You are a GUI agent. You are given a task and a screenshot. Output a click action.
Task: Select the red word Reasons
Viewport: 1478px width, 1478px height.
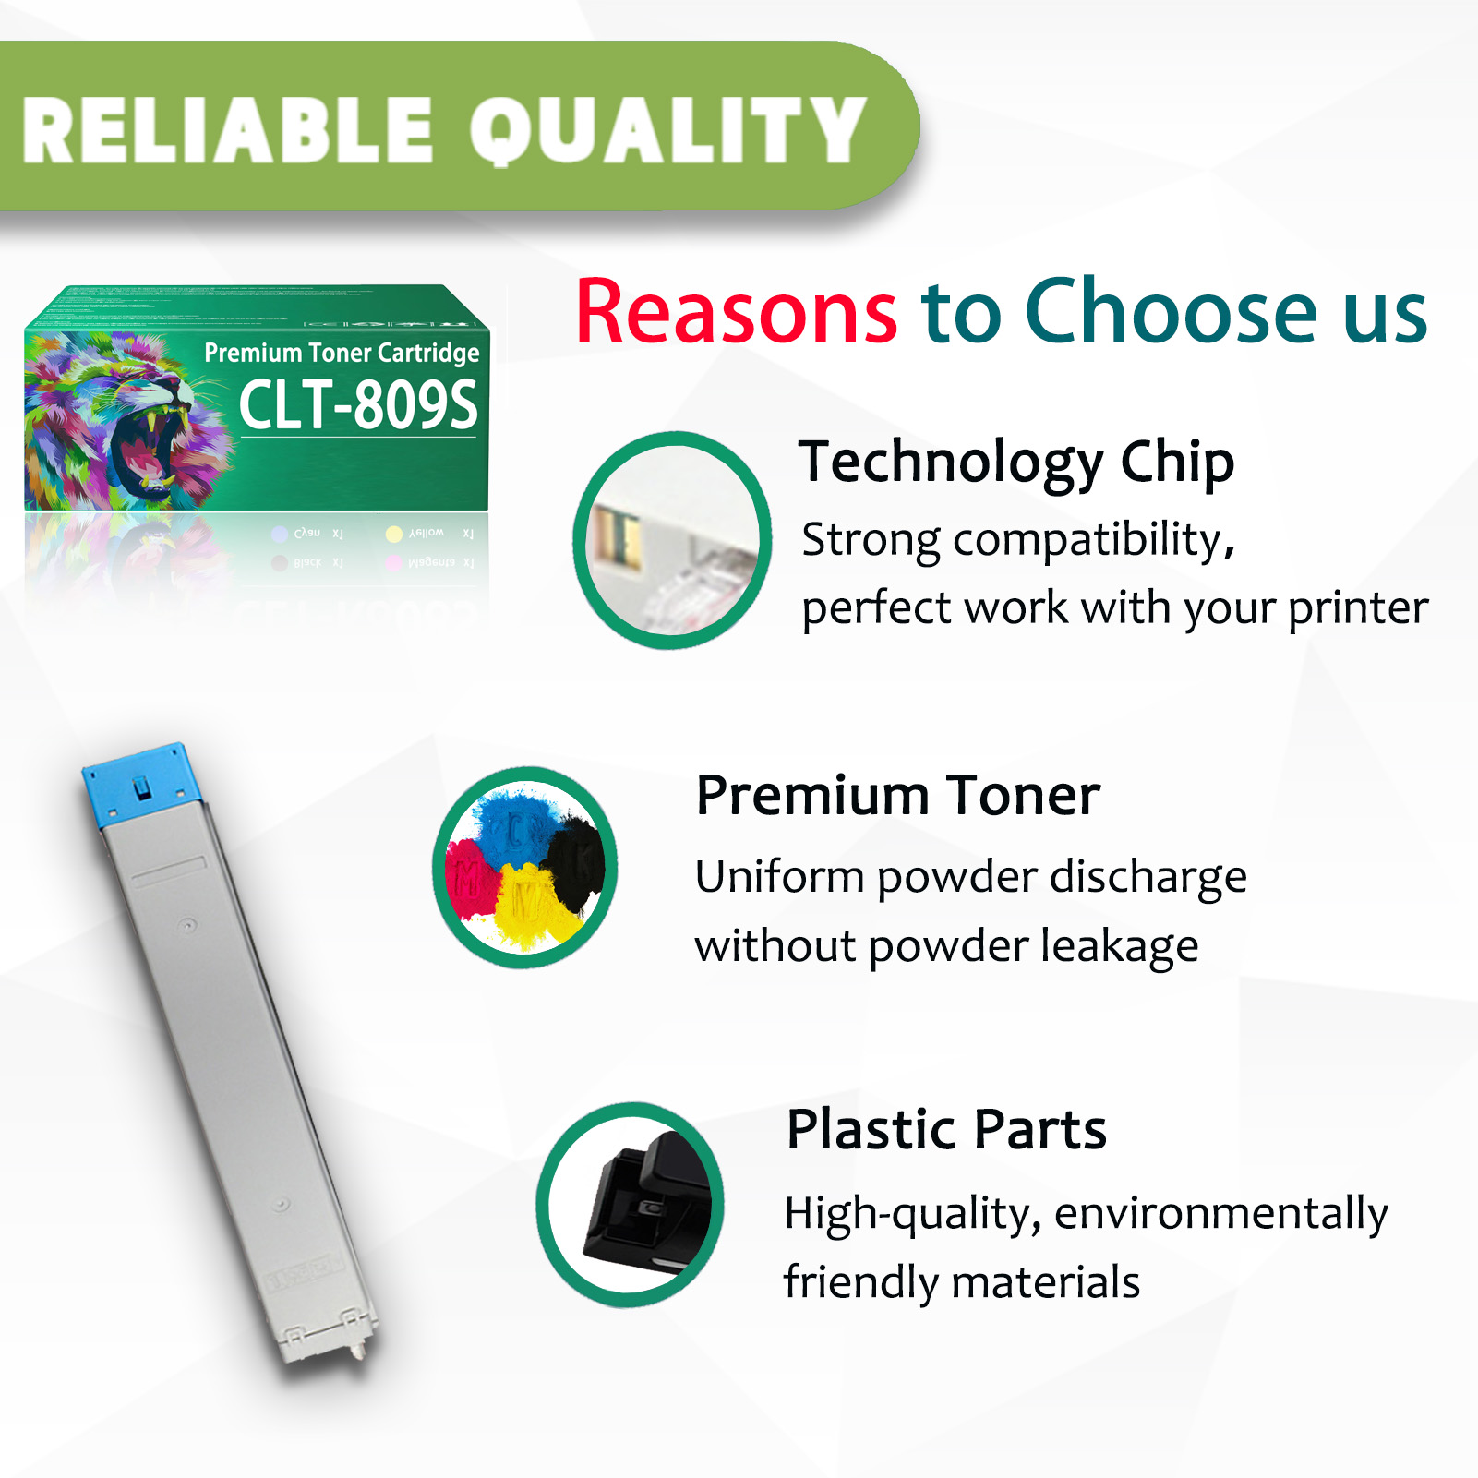[x=736, y=312]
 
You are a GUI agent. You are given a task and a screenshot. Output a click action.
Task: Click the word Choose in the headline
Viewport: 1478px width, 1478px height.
[x=1171, y=312]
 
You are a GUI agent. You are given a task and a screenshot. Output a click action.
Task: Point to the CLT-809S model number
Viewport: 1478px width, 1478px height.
[x=358, y=404]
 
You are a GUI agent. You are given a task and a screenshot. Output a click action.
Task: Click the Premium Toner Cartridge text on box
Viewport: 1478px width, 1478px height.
[x=342, y=353]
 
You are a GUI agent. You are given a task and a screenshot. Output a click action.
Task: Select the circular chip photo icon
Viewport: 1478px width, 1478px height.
[x=673, y=540]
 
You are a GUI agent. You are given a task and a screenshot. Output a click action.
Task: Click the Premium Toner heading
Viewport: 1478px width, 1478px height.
[x=898, y=795]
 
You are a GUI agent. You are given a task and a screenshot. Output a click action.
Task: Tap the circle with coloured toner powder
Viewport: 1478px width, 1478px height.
[x=525, y=868]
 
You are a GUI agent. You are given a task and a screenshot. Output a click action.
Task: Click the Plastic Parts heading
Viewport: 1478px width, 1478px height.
[x=946, y=1129]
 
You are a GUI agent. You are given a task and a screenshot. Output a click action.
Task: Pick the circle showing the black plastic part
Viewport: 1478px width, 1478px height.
[x=631, y=1205]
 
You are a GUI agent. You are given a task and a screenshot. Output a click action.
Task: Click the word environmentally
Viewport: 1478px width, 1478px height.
[x=1220, y=1213]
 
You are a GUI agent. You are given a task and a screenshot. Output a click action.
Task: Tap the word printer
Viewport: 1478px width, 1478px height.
[x=1358, y=608]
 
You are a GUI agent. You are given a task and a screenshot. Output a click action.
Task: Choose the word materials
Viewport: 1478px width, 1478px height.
[x=1045, y=1282]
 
